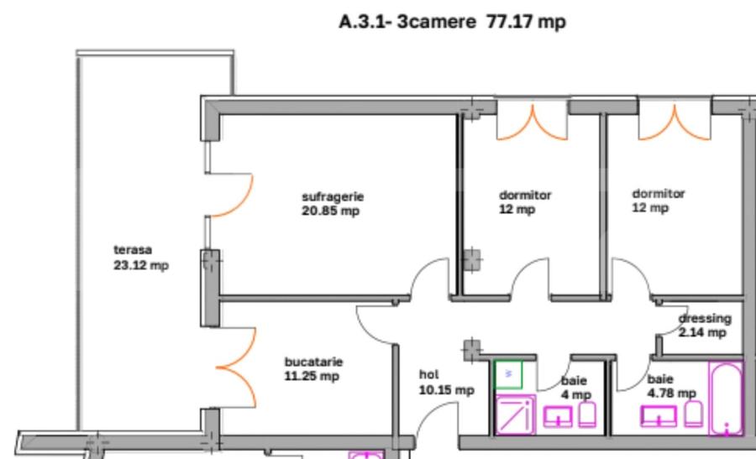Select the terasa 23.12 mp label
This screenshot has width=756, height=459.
tap(140, 258)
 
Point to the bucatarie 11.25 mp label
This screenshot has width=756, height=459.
tap(313, 368)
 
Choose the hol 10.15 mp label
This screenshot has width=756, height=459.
tap(446, 383)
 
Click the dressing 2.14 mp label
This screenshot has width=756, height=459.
tap(705, 326)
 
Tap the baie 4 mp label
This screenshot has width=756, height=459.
tap(575, 388)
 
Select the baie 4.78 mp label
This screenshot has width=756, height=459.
tap(671, 387)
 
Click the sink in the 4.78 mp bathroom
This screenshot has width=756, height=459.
tap(659, 415)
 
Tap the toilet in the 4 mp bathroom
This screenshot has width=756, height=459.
tap(589, 415)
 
